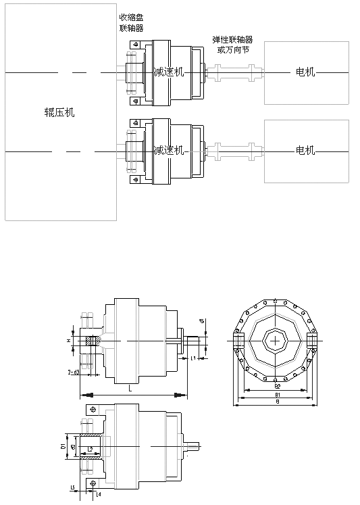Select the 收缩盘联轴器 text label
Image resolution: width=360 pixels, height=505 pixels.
(x=131, y=22)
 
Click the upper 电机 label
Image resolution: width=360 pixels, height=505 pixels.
(x=306, y=72)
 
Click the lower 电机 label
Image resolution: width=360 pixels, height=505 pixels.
(x=306, y=150)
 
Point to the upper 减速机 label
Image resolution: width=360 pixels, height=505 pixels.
(x=168, y=72)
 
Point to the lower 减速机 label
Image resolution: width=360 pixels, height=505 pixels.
(x=168, y=150)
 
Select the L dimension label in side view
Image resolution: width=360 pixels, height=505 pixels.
(x=130, y=389)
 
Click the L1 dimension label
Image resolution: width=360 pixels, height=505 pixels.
(x=192, y=358)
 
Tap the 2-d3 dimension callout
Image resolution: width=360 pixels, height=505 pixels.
(x=74, y=372)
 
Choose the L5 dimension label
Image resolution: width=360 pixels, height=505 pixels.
(x=72, y=487)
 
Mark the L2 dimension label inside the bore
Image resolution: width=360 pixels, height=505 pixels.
(x=90, y=448)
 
